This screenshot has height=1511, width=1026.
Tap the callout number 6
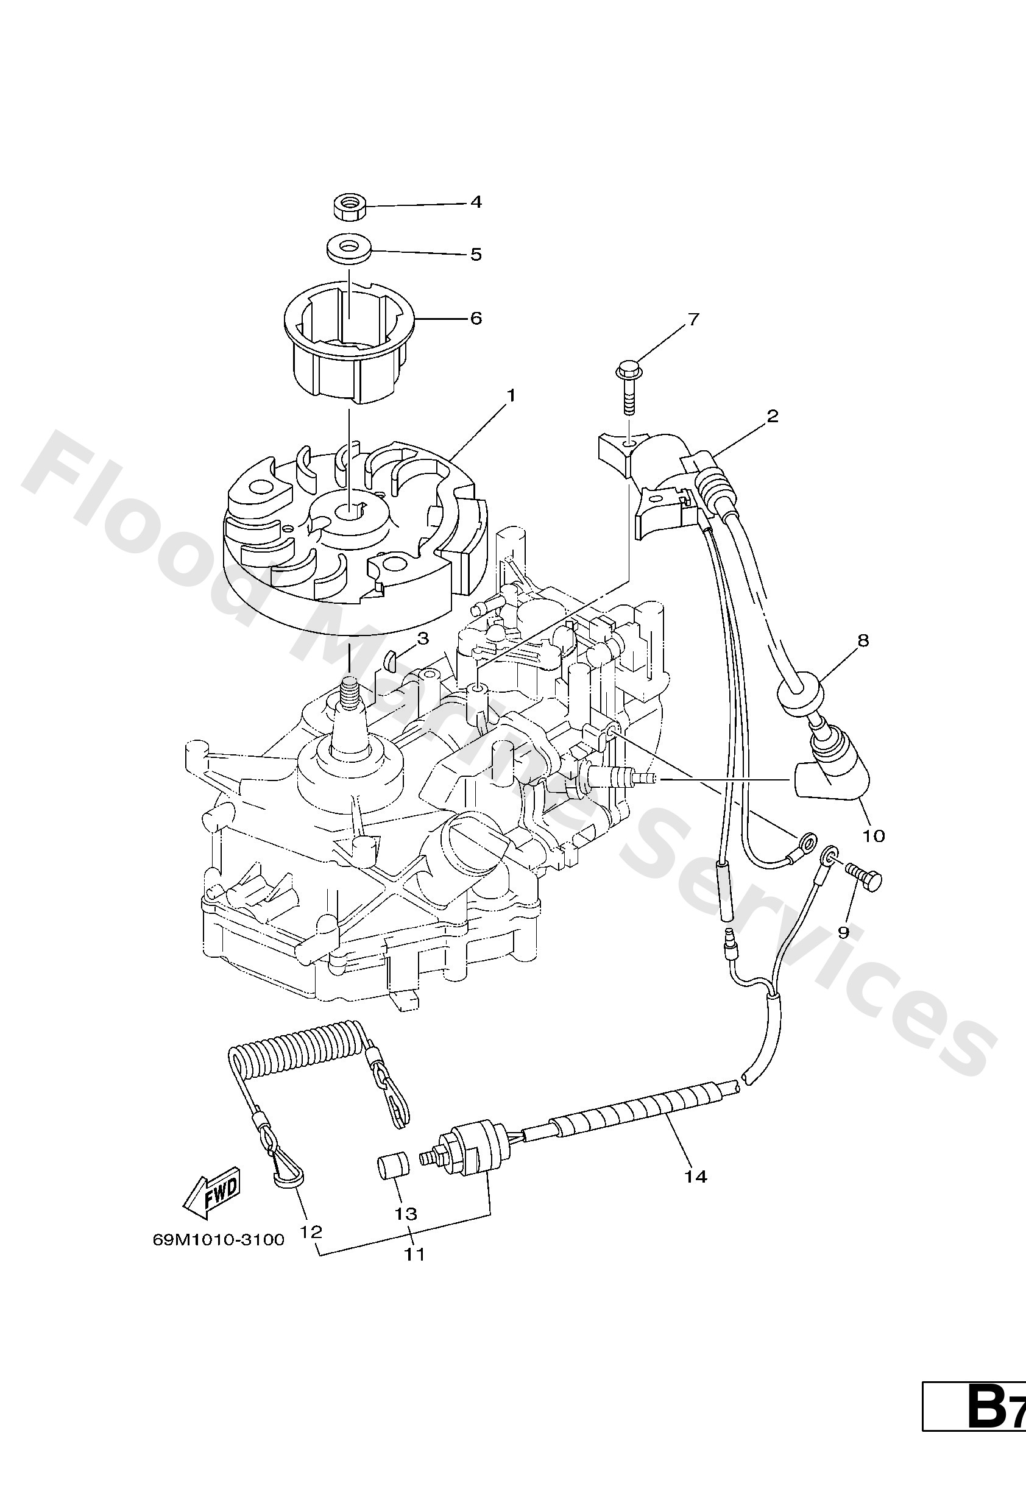[x=476, y=319]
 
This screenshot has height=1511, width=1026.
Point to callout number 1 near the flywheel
[x=511, y=395]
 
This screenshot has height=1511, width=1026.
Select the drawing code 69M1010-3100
[x=219, y=1240]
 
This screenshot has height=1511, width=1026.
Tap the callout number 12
[x=311, y=1231]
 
